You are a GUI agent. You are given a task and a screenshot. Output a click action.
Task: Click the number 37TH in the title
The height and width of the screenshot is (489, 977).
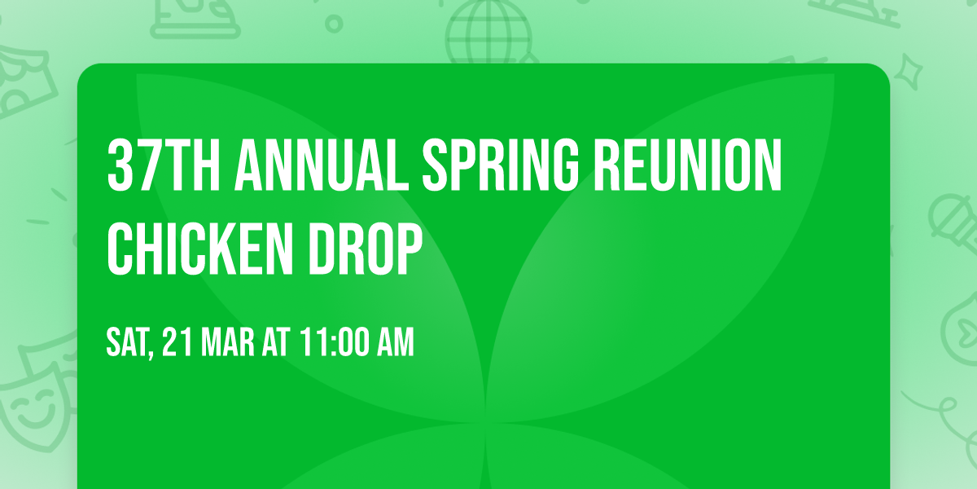[x=162, y=165]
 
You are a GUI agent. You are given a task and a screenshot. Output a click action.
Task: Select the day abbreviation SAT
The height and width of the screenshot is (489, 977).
[x=127, y=342]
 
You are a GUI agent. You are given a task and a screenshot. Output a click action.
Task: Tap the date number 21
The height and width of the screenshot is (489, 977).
[x=177, y=342]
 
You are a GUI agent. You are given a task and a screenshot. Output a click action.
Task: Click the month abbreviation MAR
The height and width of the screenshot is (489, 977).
[x=228, y=342]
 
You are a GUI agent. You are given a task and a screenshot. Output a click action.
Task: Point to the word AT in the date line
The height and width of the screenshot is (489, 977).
[x=276, y=342]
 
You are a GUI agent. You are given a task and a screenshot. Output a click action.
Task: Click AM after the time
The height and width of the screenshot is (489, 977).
[x=393, y=342]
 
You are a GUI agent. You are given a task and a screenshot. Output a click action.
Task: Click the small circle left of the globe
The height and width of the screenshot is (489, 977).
[x=333, y=24]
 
